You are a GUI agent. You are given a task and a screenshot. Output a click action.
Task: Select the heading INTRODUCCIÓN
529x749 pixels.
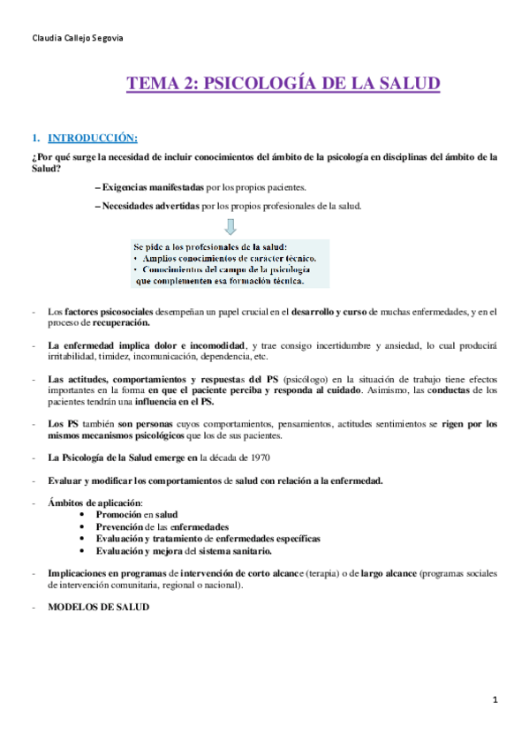click(x=92, y=138)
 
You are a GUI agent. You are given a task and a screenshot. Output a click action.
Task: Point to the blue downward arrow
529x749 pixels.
click(x=230, y=226)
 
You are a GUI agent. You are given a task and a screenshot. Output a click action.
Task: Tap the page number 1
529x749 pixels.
click(x=496, y=700)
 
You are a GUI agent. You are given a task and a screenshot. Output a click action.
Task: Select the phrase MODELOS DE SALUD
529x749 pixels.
click(x=98, y=608)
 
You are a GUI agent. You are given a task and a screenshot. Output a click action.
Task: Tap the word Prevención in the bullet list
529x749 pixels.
click(x=125, y=526)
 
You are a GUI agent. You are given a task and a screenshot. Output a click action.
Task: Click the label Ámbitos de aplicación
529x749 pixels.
click(x=91, y=502)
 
